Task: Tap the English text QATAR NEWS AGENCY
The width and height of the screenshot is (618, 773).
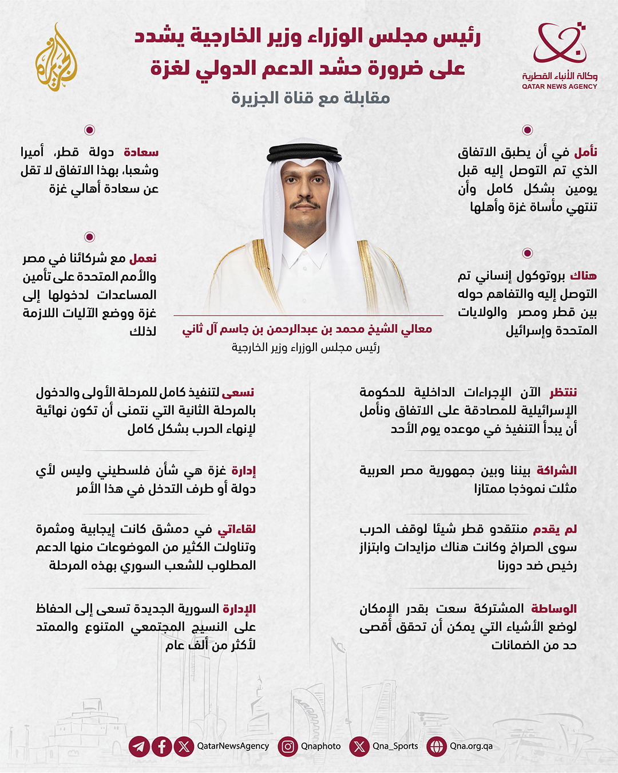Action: point(559,86)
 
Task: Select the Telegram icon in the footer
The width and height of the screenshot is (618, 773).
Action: point(139,747)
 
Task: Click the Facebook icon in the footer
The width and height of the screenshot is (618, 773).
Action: point(162,747)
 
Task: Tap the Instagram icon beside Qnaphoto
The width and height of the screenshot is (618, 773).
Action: point(288,747)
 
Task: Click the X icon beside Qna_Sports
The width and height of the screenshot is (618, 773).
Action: point(359,747)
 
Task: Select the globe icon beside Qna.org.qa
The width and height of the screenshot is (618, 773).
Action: point(437,747)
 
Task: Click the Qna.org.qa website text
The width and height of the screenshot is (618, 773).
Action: point(471,746)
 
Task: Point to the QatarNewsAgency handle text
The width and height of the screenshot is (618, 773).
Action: point(233,746)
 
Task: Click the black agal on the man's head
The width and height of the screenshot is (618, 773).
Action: point(304,152)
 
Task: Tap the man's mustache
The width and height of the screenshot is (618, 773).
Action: point(304,204)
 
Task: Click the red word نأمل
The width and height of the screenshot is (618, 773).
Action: point(585,152)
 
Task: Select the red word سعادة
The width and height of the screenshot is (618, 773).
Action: point(141,152)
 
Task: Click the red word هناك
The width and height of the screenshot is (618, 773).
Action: point(583,276)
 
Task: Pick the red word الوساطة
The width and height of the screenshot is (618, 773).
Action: point(553,608)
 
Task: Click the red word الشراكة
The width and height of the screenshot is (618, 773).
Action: point(556,471)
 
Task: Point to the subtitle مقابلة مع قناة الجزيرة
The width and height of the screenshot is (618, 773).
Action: point(310,98)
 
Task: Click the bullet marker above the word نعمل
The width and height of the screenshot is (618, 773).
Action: point(89,237)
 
